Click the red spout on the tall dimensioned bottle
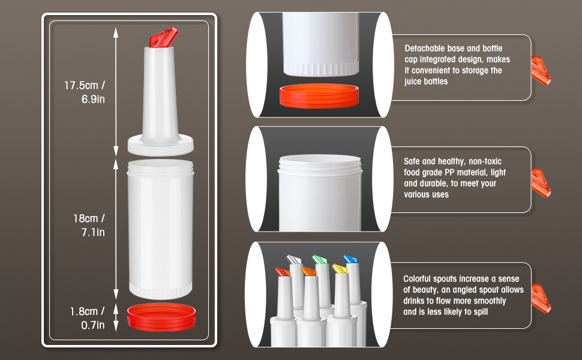[x=163, y=37]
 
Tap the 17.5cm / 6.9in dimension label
[x=85, y=92]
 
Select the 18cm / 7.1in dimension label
[x=89, y=225]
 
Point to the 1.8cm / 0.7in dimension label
[x=88, y=318]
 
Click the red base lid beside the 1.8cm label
[x=161, y=317]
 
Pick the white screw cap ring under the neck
[x=161, y=145]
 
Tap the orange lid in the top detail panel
[x=319, y=96]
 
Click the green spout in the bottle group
[x=319, y=259]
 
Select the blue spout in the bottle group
[x=350, y=259]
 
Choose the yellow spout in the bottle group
[x=339, y=268]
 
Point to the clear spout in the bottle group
[x=293, y=259]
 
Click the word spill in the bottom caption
[x=480, y=312]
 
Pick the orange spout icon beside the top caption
[x=541, y=71]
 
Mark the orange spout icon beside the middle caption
[x=541, y=183]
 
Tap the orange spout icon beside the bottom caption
[x=541, y=299]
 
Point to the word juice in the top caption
[x=413, y=82]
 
